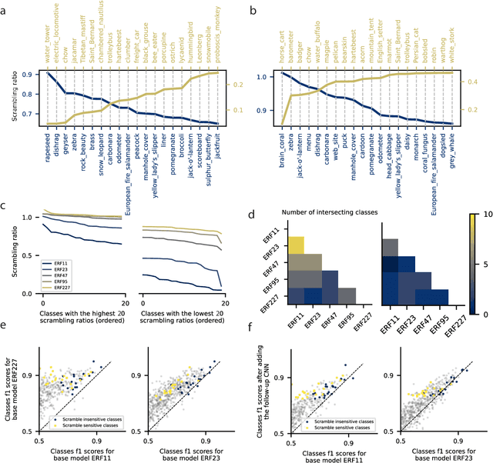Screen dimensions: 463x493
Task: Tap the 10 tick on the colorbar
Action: [483, 232]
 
